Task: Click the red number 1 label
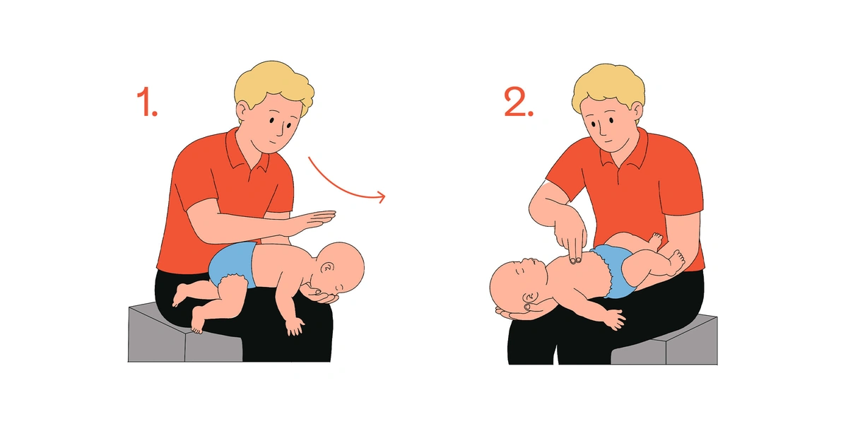[146, 102]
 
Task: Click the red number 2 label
[519, 102]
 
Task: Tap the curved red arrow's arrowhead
[381, 197]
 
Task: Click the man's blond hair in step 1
[274, 86]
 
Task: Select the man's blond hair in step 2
[608, 86]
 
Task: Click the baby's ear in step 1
[327, 269]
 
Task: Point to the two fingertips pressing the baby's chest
[575, 260]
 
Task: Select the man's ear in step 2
[637, 112]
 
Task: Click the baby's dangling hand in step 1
[295, 326]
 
